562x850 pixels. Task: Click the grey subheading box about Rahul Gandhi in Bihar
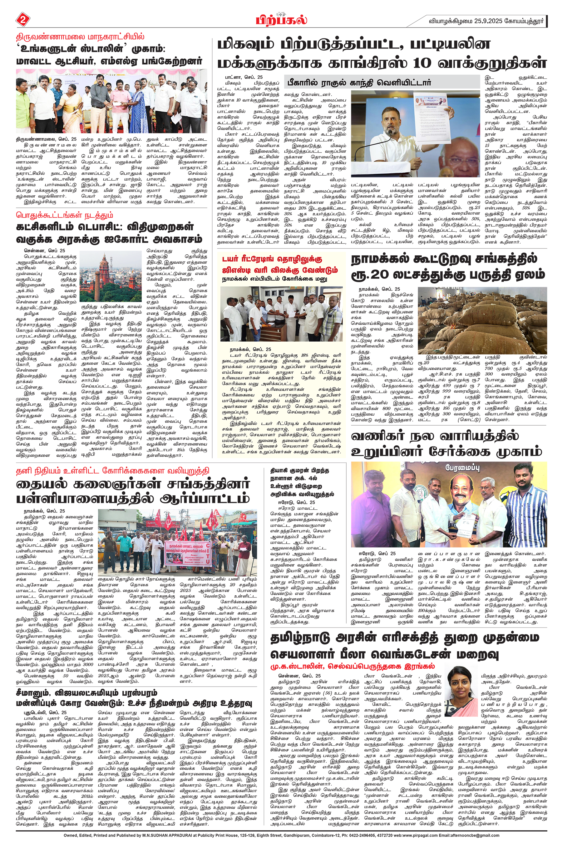381,82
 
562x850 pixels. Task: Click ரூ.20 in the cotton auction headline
373,274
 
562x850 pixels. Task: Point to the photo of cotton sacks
482,320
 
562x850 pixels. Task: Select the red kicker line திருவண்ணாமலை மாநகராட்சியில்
80,37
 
